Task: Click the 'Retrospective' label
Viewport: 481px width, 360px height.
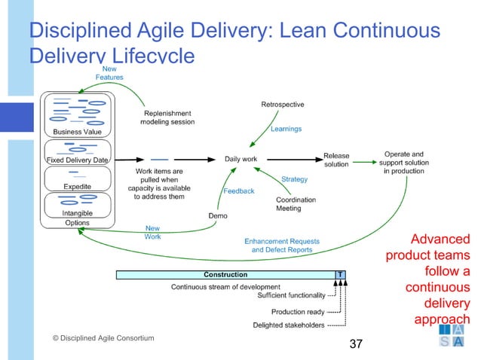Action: click(x=282, y=104)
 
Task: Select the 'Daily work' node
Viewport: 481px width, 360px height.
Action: click(x=240, y=159)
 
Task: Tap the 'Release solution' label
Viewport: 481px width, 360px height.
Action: click(x=336, y=160)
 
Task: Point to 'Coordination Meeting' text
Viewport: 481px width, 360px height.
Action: click(x=296, y=204)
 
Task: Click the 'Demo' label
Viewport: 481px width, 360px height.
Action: click(x=218, y=215)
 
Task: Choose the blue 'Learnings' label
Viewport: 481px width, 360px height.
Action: click(x=286, y=129)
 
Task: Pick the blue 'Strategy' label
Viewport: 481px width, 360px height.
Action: click(x=294, y=179)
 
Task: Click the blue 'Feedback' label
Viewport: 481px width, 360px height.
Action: click(x=239, y=191)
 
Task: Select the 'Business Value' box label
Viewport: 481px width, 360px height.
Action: click(x=77, y=132)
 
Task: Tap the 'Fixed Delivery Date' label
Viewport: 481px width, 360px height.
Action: click(x=78, y=160)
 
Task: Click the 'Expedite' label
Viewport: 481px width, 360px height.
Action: click(x=77, y=186)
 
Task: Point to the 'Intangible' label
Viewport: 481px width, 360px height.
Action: click(x=77, y=213)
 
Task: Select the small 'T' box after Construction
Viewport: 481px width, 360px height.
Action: click(x=341, y=275)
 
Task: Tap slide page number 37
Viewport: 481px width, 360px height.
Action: click(x=355, y=344)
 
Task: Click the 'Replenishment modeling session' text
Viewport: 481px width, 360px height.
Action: click(x=168, y=117)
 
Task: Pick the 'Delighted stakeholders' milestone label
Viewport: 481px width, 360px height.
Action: click(x=288, y=325)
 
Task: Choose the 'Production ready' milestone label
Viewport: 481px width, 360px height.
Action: click(x=298, y=312)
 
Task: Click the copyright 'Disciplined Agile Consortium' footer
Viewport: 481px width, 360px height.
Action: click(x=103, y=338)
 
